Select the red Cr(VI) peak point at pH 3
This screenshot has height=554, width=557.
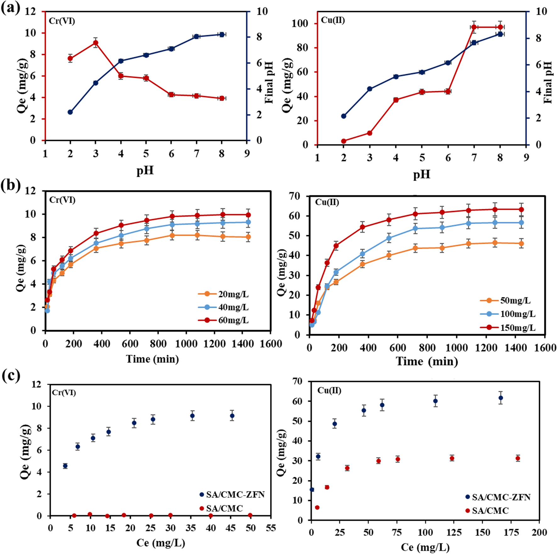[96, 43]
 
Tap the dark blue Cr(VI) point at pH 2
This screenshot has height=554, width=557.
[70, 112]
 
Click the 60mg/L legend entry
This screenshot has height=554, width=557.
[223, 320]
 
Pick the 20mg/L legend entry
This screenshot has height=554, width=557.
[223, 294]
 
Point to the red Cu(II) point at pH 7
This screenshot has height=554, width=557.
[474, 27]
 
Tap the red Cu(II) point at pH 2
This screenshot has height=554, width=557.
[344, 141]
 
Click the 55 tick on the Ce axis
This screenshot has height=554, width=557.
[271, 528]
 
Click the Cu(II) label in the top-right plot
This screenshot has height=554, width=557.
[333, 20]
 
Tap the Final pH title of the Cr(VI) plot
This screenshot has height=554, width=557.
[269, 83]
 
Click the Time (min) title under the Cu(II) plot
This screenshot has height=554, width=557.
[426, 361]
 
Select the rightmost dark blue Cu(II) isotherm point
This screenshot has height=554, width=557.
[501, 398]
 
